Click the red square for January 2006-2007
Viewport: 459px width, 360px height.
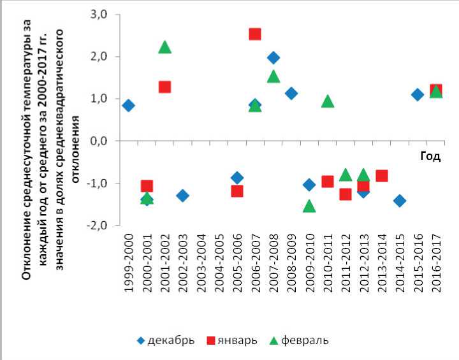[x=255, y=34]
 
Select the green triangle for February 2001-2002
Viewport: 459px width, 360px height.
[x=164, y=47]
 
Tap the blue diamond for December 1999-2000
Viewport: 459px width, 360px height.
[x=128, y=105]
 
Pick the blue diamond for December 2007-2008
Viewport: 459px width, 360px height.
[x=273, y=58]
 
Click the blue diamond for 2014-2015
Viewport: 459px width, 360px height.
[x=400, y=201]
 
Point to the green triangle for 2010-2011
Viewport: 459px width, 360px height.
[x=328, y=101]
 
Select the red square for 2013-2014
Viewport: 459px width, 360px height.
[x=382, y=176]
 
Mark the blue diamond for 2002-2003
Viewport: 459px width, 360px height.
[x=182, y=196]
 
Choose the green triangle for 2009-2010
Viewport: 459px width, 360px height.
[x=309, y=206]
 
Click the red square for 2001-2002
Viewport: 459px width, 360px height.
[x=164, y=87]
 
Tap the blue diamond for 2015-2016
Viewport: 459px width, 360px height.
[x=418, y=94]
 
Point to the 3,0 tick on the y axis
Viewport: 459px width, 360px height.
[x=102, y=14]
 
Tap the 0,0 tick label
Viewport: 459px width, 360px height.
[x=102, y=141]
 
